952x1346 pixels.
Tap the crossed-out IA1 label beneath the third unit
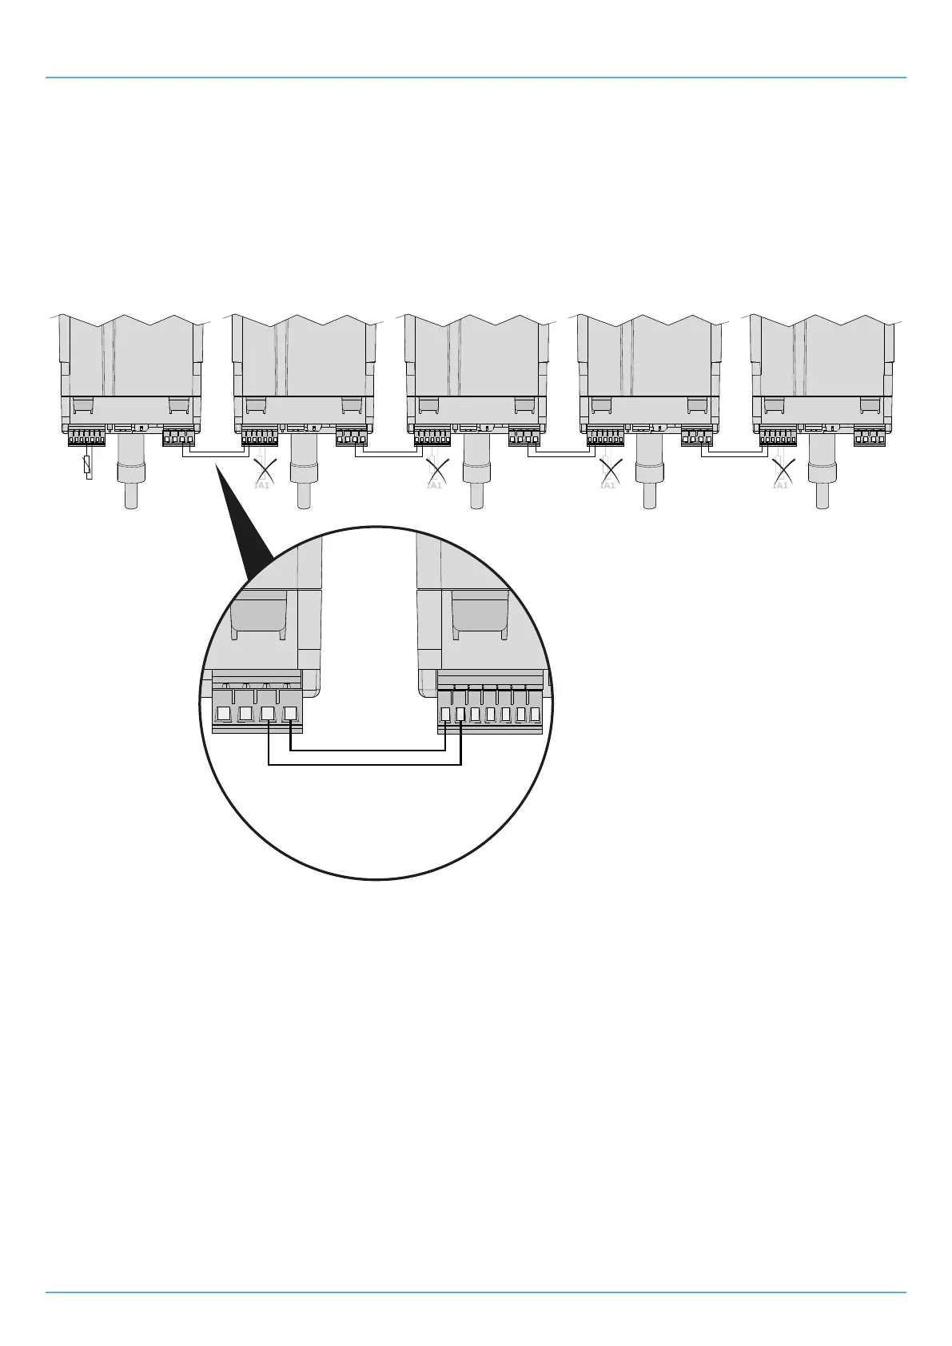(x=434, y=484)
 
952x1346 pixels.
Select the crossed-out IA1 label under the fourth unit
(x=608, y=484)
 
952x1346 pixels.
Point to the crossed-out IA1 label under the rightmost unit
(x=781, y=484)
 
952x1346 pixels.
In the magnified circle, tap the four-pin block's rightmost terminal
(x=290, y=714)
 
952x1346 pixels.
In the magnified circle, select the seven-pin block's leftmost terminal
(x=446, y=715)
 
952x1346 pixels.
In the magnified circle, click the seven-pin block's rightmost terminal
(x=535, y=715)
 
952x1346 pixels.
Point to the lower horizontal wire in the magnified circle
(x=364, y=765)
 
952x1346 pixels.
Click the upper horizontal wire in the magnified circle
(x=368, y=751)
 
